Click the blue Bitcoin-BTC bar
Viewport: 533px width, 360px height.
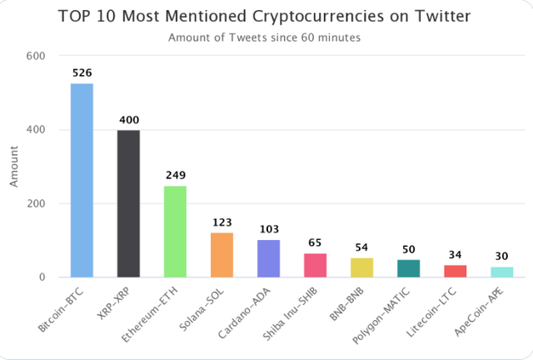[x=82, y=180]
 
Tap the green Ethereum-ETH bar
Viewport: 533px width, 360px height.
[x=175, y=232]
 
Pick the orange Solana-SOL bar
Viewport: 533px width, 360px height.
[x=222, y=255]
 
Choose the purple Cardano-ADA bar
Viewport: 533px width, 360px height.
[x=268, y=258]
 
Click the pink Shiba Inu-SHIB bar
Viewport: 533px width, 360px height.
[x=315, y=265]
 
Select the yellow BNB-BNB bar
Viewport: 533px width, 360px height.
[x=361, y=267]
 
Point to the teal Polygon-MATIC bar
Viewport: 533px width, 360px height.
[x=408, y=268]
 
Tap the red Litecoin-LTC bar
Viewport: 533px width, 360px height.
[x=455, y=271]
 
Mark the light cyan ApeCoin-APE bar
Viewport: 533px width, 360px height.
[x=501, y=272]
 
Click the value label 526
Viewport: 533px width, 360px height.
[x=82, y=73]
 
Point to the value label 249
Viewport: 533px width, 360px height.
[x=175, y=176]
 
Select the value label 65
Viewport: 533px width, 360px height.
[x=315, y=243]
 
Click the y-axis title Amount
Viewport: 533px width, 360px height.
[x=14, y=167]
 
